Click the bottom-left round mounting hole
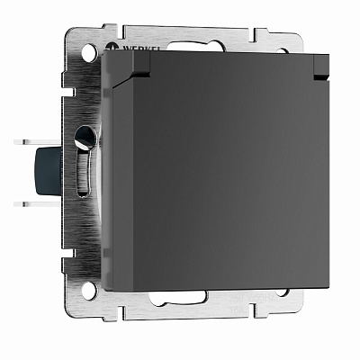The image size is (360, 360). pos(88,291)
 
